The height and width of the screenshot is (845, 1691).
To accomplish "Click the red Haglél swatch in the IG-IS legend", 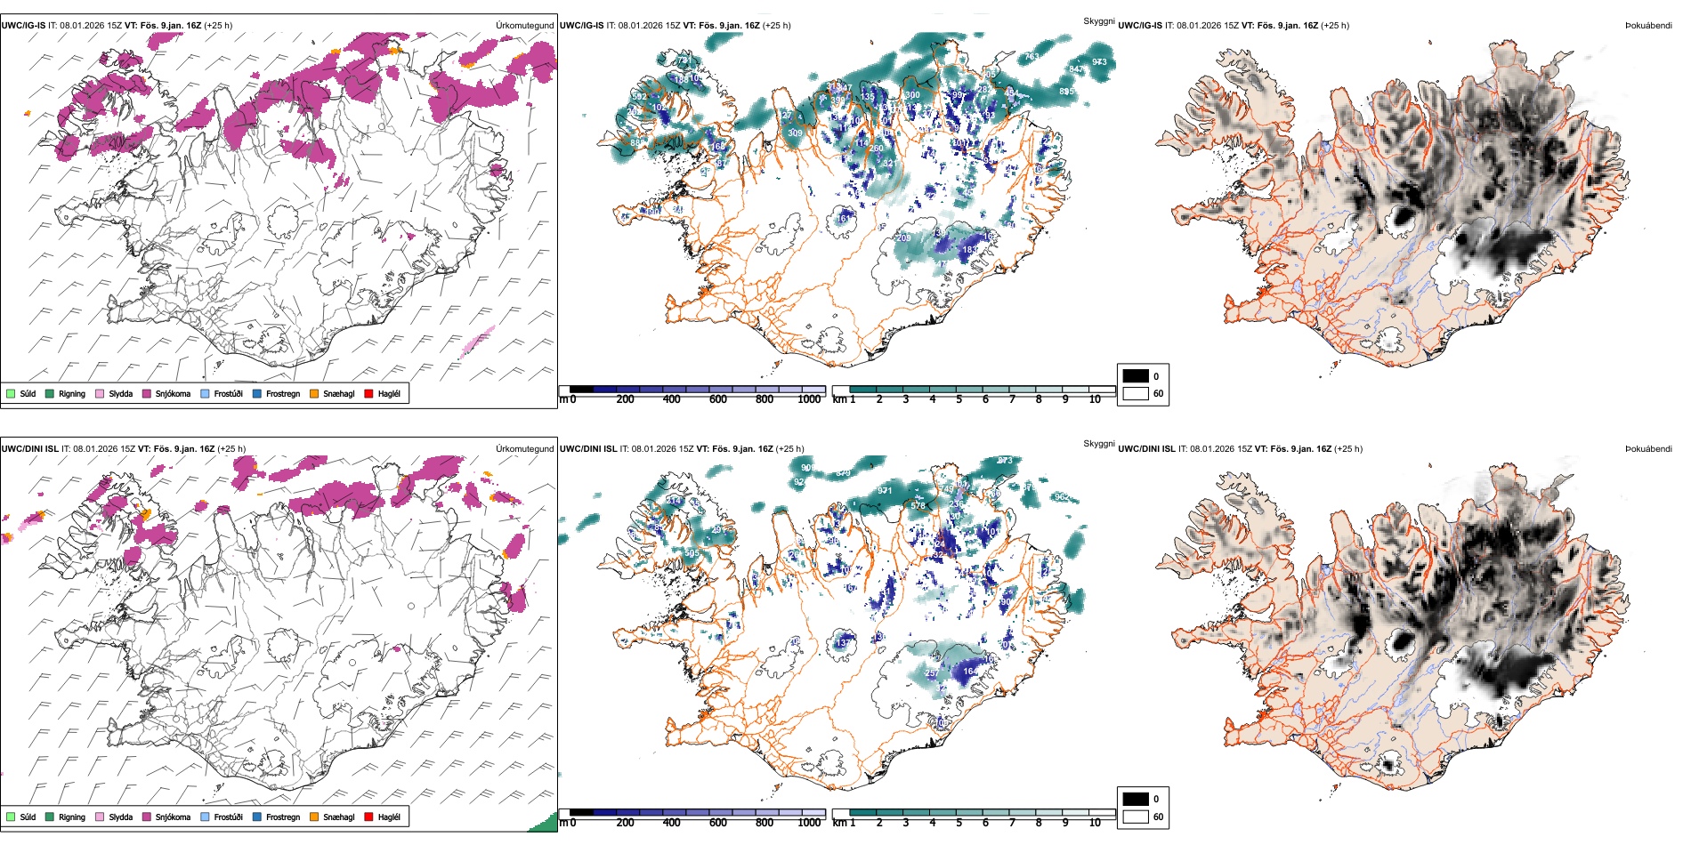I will [x=368, y=393].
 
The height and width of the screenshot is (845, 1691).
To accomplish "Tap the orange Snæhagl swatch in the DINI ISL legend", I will [x=314, y=817].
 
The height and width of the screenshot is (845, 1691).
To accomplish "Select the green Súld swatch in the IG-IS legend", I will [x=11, y=393].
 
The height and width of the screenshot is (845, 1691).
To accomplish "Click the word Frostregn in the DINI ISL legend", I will [x=283, y=817].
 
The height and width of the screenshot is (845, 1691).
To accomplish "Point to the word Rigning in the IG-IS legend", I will [x=72, y=393].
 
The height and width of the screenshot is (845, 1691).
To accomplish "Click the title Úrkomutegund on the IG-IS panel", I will [x=524, y=26].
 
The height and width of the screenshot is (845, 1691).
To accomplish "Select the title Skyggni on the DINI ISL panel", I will [x=1098, y=444].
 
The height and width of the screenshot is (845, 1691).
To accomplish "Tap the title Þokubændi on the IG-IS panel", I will [x=1648, y=26].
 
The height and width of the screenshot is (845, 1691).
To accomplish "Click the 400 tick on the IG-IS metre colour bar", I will [x=671, y=399].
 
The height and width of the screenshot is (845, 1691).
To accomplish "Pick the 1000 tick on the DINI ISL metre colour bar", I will [x=809, y=823].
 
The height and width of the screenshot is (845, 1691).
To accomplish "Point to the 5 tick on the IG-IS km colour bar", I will [x=959, y=399].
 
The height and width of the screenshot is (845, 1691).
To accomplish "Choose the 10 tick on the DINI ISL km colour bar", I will [x=1095, y=823].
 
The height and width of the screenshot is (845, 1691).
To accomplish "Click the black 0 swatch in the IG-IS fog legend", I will [x=1136, y=376].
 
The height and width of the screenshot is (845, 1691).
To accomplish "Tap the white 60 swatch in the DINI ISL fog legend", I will [x=1136, y=817].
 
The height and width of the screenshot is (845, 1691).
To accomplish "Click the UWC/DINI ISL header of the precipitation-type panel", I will [x=29, y=449].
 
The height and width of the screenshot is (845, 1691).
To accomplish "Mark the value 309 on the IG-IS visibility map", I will [x=795, y=133].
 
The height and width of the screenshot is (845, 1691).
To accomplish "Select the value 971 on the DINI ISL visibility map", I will [x=885, y=491].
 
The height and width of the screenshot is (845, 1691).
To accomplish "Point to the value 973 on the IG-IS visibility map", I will [x=1099, y=62].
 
